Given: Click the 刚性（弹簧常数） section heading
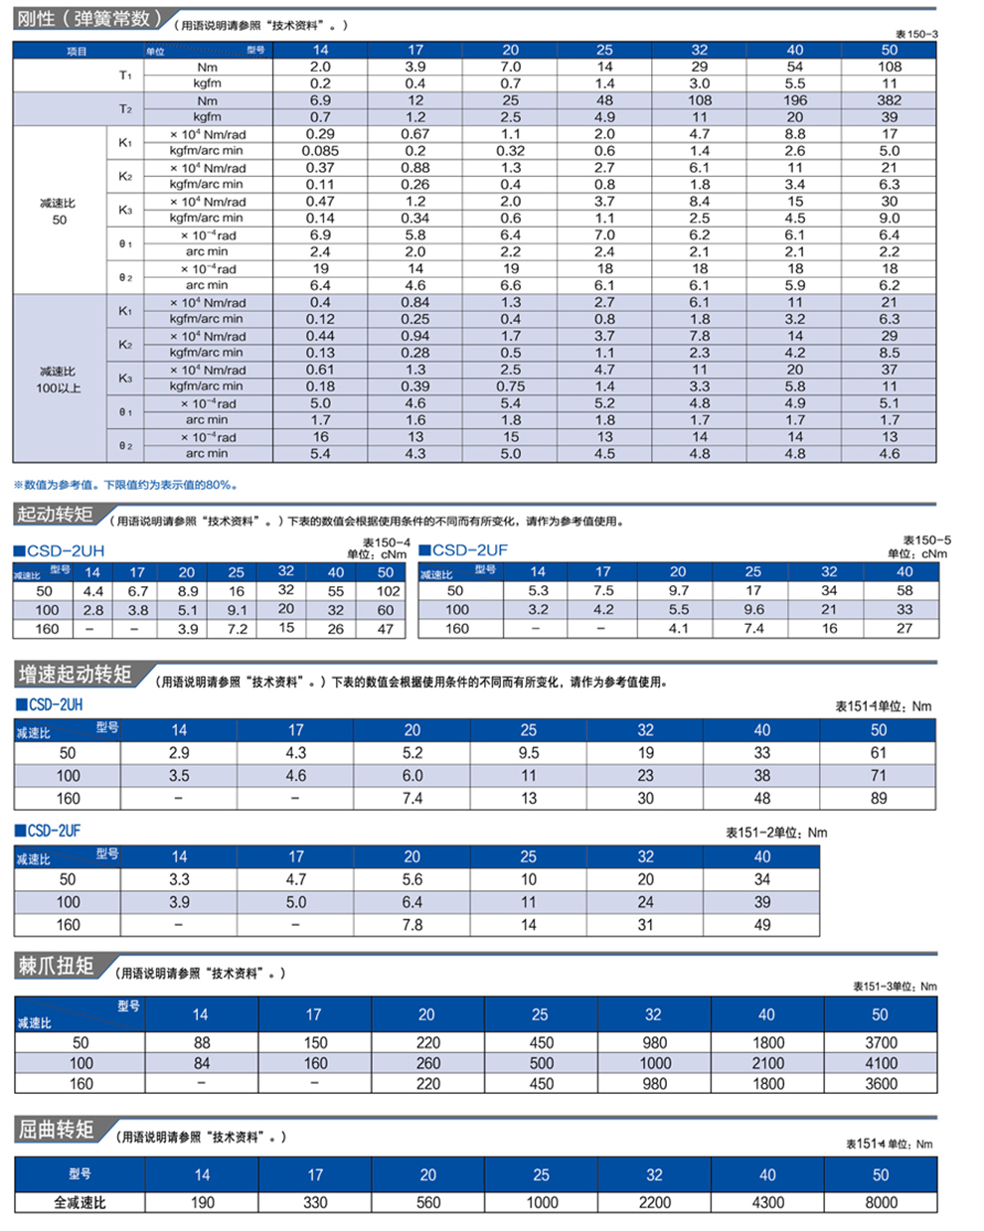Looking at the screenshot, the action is pos(89,19).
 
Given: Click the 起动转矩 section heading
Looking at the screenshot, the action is pos(55,515).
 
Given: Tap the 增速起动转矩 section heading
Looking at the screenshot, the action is pos(75,675).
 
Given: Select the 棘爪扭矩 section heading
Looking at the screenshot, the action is pos(56,966).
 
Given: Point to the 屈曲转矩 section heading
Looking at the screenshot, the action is pos(56,1130).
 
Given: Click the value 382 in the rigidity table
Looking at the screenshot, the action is pos(889,100).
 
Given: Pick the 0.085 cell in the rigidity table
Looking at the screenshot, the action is pos(320,151).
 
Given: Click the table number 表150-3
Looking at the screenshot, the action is pos(916,34).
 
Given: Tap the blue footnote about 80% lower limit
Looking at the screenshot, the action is pos(126,485).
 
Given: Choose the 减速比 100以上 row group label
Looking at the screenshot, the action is pos(59,380).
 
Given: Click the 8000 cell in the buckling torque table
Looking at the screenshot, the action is pos(881,1203).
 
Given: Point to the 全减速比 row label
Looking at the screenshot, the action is pos(80,1203).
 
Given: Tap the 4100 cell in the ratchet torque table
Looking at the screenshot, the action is pos(881,1063).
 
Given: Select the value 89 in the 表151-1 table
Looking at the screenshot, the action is pos(878,798).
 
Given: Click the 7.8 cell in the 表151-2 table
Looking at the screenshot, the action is pos(412,925).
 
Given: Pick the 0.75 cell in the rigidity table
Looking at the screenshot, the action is pos(510,386).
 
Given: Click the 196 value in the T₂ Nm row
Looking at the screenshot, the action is pos(794,100).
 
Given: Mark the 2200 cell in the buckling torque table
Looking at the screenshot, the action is pos(654,1203).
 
